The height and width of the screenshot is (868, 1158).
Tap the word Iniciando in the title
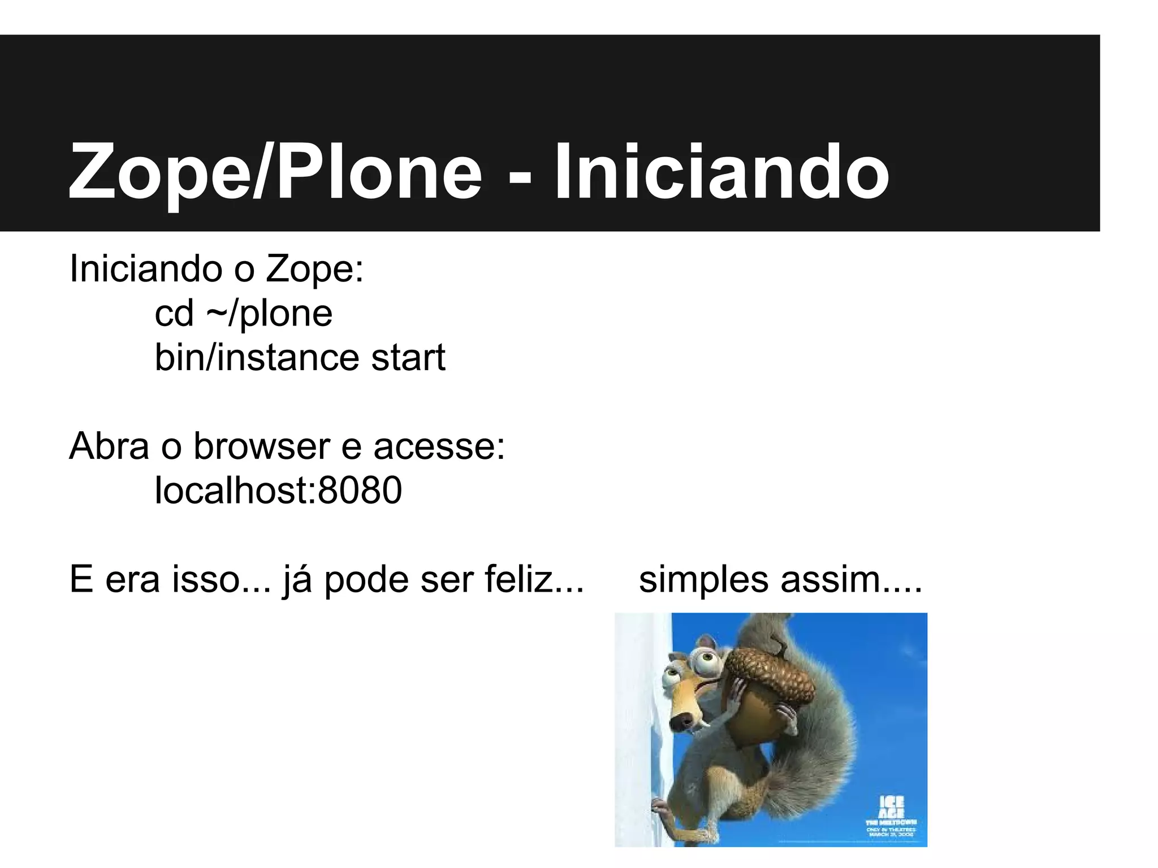point(721,171)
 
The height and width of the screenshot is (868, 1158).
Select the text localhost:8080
point(278,490)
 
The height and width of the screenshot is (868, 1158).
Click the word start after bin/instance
point(408,358)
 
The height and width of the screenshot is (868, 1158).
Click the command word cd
point(174,314)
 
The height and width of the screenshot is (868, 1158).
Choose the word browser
point(262,446)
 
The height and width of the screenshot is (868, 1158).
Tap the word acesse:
point(439,447)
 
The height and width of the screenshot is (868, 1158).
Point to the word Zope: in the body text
point(314,269)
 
